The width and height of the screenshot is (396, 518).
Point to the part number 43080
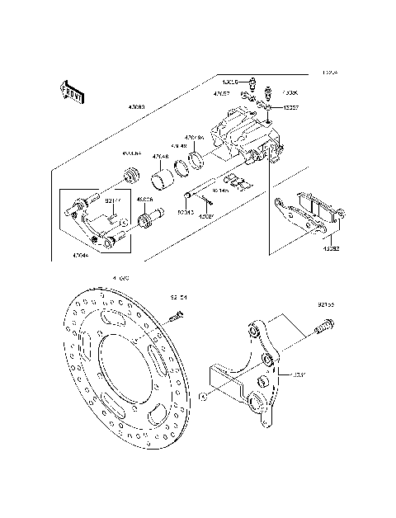click(136, 106)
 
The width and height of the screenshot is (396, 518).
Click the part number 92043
click(186, 211)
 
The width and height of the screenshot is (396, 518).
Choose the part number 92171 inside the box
click(113, 200)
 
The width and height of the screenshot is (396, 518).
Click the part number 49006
click(144, 200)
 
